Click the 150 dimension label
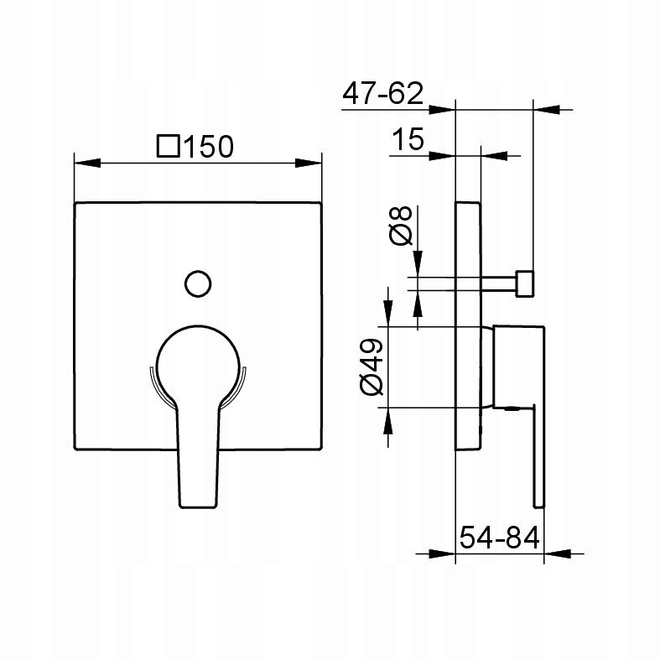point(208,147)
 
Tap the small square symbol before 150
point(169,146)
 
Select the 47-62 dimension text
point(382,93)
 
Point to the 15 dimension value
point(408,139)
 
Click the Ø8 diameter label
point(401,226)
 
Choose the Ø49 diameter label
point(372,366)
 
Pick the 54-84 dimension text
point(499,538)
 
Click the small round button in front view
point(198,283)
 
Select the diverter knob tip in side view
point(525,284)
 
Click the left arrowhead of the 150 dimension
point(87,163)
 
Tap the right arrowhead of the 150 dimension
point(309,163)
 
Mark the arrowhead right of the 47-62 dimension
point(547,109)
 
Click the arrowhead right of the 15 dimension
point(494,156)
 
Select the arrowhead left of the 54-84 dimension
point(443,554)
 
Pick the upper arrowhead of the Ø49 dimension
point(388,313)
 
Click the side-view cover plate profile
point(468,326)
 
